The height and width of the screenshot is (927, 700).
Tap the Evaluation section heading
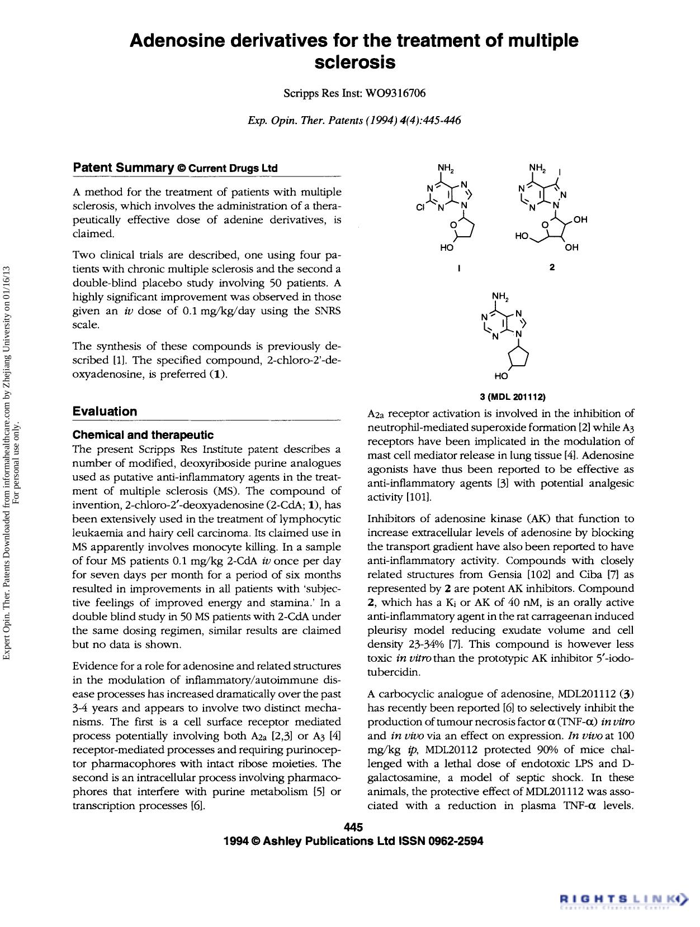[105, 412]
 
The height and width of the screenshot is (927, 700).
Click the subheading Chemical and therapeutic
[143, 434]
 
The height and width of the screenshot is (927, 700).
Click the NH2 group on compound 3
[500, 295]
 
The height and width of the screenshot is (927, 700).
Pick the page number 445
[353, 827]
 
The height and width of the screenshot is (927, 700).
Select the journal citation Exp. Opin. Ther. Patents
[305, 120]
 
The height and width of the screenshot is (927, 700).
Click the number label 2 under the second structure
[552, 267]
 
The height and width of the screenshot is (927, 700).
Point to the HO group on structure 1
[446, 247]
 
